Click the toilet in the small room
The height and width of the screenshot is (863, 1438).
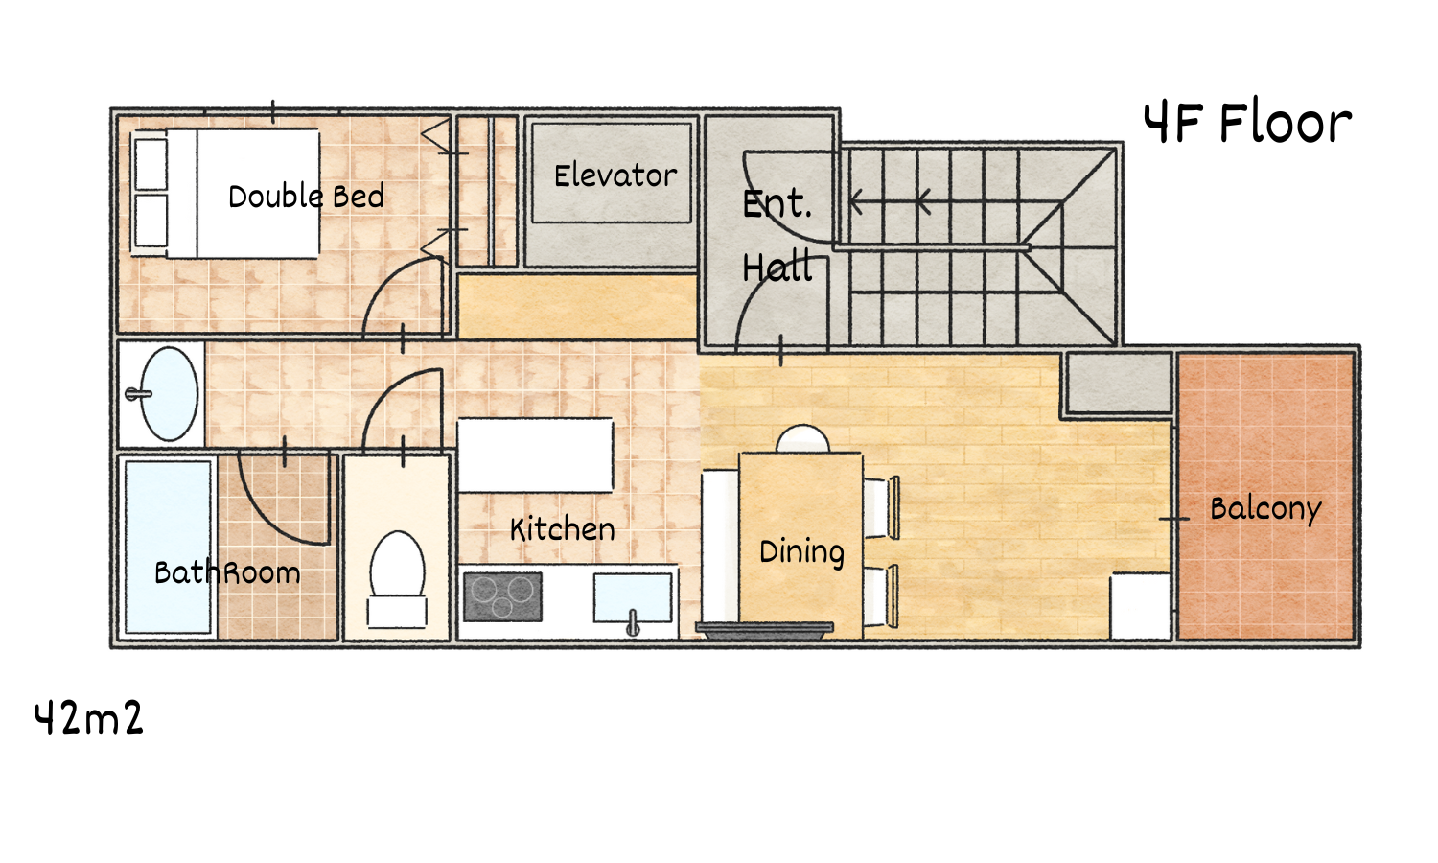point(398,578)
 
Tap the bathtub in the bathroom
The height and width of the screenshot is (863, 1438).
point(168,548)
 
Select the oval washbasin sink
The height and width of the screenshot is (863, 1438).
point(168,393)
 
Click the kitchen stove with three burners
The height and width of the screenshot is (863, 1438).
point(502,596)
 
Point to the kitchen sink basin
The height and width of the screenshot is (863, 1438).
point(633,598)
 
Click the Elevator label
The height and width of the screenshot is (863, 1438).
point(615,175)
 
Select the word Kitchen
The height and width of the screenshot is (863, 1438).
point(563,529)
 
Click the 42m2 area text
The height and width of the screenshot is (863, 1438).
point(88,718)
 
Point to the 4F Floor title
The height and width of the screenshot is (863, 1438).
point(1247,123)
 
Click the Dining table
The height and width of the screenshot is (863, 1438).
point(800,546)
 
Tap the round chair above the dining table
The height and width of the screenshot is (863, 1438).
point(802,438)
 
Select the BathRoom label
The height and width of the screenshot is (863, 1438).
point(227,572)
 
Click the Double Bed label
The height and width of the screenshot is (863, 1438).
point(306,196)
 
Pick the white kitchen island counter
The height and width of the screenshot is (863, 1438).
point(535,455)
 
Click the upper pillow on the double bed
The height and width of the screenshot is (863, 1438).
point(151,164)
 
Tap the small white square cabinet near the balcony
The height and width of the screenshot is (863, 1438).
point(1140,606)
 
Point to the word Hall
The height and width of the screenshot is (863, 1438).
point(777,268)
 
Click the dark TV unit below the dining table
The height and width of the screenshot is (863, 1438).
point(765,630)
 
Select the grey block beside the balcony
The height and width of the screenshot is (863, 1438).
point(1120,383)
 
